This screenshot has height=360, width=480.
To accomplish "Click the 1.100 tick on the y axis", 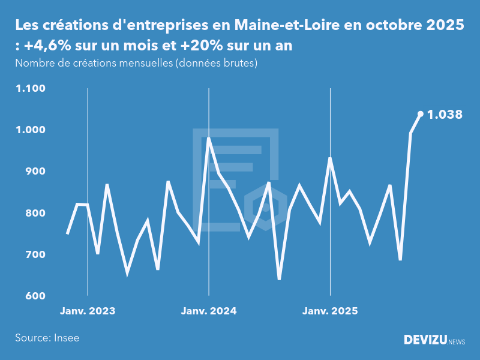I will pos(31,89).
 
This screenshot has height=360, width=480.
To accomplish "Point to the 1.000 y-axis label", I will pos(31,130).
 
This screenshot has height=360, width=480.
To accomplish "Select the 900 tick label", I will pos(35,172).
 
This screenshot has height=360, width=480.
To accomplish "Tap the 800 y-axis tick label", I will pos(35,214).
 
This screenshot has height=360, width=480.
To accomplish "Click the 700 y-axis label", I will pos(35,255).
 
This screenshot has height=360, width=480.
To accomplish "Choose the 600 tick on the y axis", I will pos(35,296).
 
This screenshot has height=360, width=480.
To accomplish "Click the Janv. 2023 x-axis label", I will pos(88,311).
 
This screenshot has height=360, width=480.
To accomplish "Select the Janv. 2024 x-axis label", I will pos(209,311).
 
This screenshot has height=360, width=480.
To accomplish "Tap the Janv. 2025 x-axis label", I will pos(330,311).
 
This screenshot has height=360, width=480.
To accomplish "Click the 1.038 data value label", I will pos(445,114).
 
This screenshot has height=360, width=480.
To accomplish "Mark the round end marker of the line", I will pos(420,113).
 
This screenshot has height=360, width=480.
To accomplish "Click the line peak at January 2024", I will pos(209,139).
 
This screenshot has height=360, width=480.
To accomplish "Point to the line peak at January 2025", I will pos(330,158).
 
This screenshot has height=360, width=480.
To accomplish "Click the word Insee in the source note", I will pos(66,338).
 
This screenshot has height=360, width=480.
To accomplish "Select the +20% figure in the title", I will pos(198,46).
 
